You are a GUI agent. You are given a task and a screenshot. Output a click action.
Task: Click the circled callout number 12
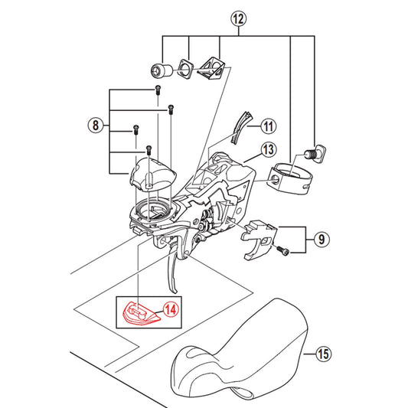point(239,19)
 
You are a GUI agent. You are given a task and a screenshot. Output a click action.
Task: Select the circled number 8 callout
point(96,126)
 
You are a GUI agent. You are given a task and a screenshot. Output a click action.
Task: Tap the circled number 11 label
point(268,126)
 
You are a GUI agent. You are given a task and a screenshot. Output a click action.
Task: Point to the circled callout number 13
point(268,150)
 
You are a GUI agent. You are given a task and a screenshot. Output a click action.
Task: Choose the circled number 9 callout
point(322,239)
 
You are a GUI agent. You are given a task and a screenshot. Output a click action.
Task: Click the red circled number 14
point(171,310)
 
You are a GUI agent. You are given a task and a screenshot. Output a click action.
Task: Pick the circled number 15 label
point(324,354)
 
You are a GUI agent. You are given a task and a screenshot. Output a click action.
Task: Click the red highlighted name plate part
point(141,313)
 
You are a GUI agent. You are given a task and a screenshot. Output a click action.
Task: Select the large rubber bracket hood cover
point(240,351)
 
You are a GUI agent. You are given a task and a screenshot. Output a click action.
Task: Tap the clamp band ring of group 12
point(291,179)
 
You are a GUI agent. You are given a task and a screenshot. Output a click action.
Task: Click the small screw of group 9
point(283,250)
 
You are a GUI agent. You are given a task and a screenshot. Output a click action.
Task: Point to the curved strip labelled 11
point(241,128)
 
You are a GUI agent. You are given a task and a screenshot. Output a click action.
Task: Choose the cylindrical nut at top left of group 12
point(162,70)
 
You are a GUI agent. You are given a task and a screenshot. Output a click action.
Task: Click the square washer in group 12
point(185,68)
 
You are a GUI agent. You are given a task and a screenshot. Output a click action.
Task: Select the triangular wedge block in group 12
point(211,68)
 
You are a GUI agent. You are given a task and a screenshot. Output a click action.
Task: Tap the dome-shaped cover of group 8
point(153,174)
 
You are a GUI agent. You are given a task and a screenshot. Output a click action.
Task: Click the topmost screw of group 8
point(158,90)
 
